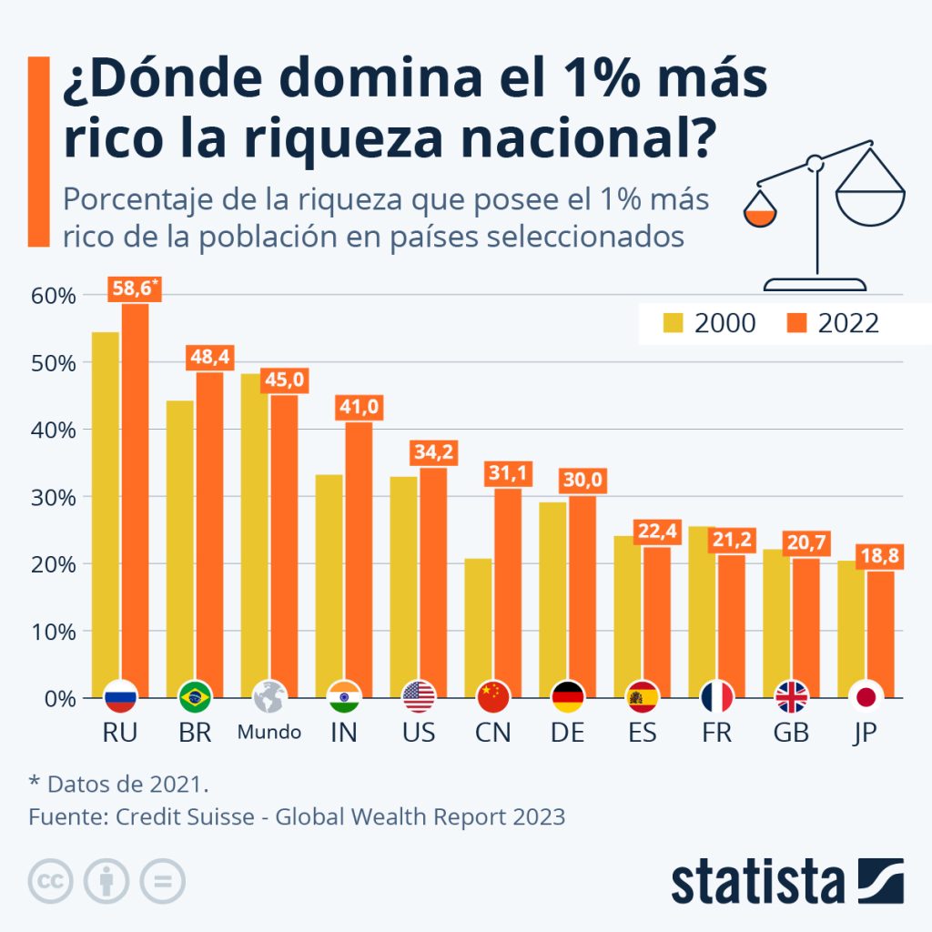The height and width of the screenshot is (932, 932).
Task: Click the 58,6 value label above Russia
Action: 135,290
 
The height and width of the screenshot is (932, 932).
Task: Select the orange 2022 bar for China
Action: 508,592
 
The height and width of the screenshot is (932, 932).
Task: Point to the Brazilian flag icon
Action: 196,697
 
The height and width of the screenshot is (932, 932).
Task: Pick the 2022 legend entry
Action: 833,323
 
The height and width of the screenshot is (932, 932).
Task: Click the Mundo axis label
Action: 269,733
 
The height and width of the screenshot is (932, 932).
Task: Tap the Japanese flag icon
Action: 866,697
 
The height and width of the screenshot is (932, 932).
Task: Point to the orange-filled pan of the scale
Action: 758,215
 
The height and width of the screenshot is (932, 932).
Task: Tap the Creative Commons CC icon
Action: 51,881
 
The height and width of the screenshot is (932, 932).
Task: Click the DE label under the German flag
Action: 568,733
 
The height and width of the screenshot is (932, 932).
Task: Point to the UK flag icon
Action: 791,697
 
